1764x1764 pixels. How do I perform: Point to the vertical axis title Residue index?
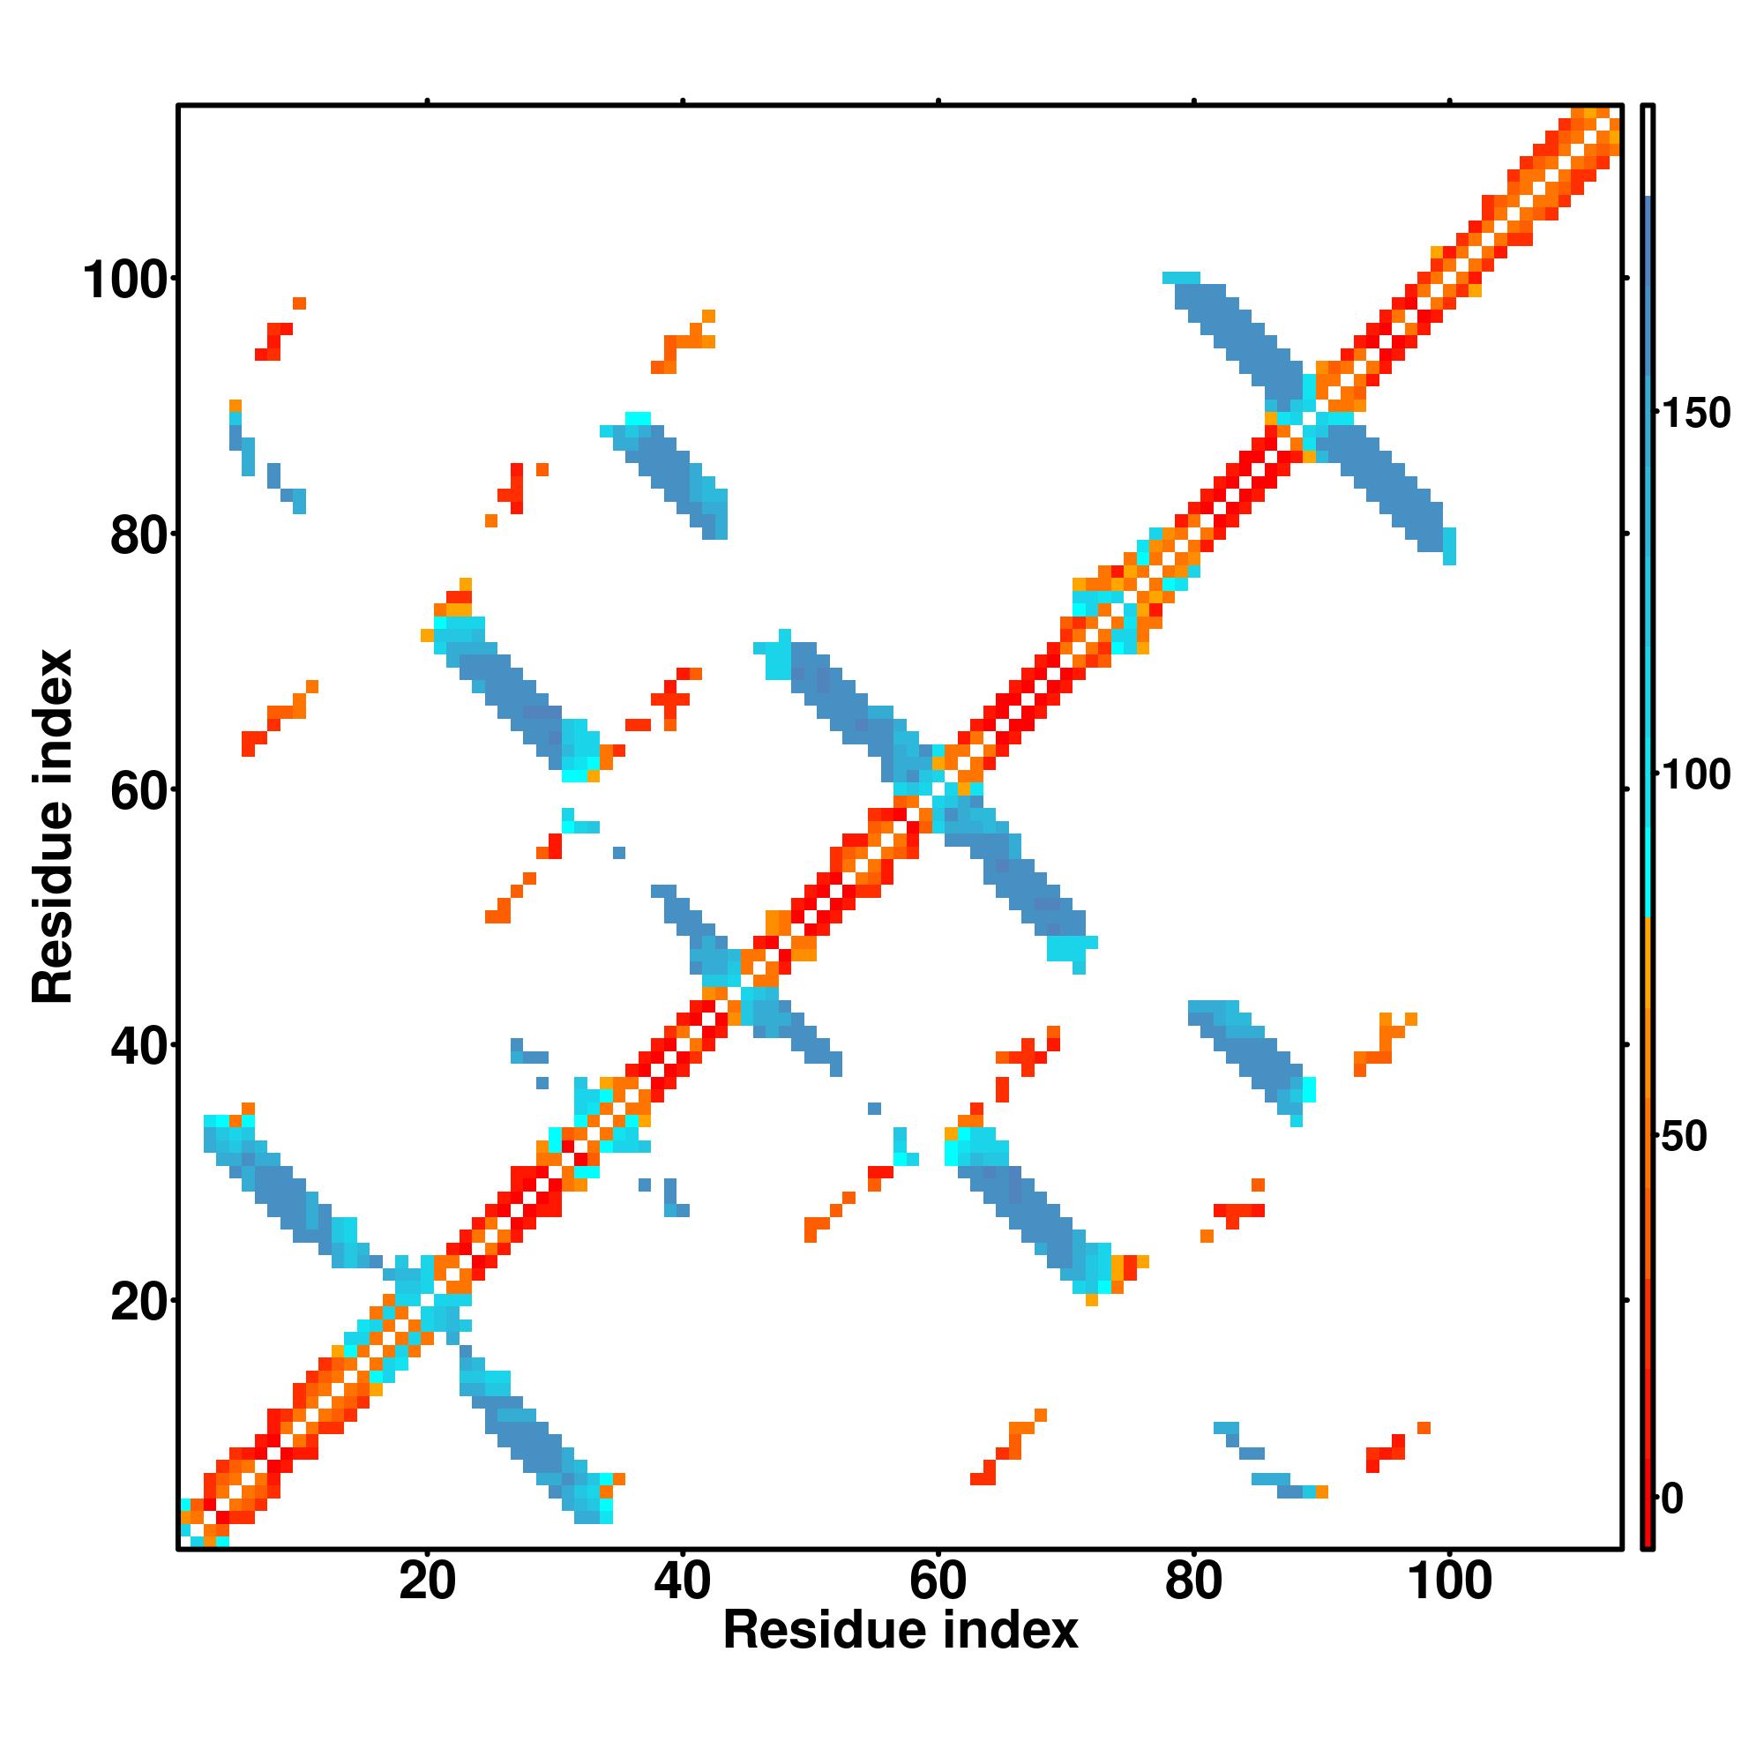[x=52, y=826]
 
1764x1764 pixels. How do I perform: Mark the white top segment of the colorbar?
[x=1648, y=151]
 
